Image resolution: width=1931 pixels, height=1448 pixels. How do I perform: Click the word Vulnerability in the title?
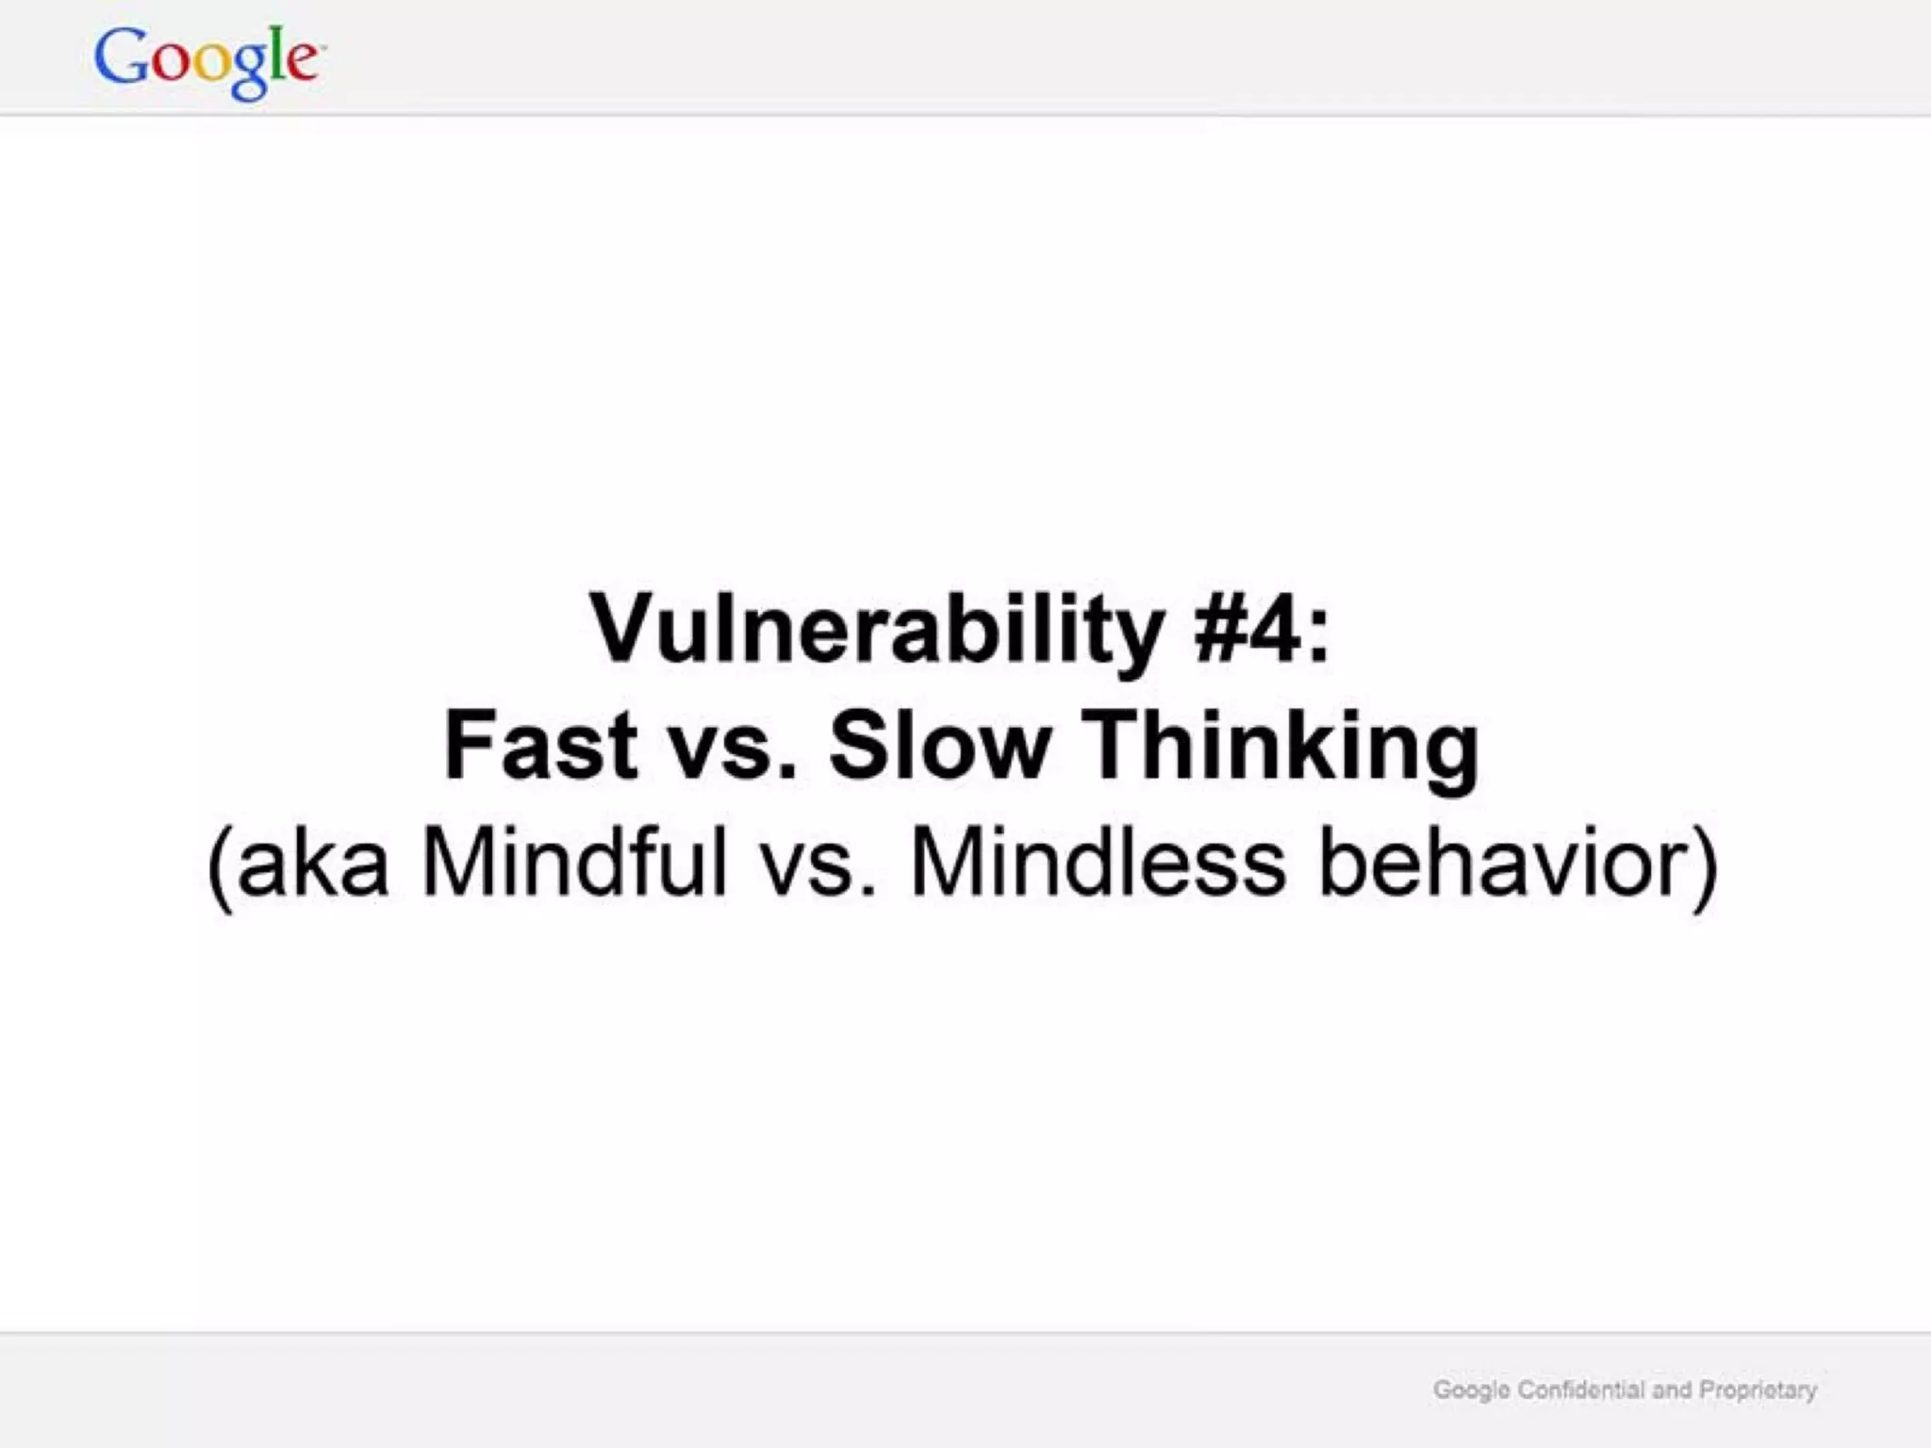[x=876, y=629]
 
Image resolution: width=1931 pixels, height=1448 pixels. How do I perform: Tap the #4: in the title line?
[x=1262, y=629]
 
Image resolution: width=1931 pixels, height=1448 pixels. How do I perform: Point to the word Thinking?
[x=1279, y=747]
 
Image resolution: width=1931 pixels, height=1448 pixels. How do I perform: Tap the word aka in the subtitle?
[x=313, y=863]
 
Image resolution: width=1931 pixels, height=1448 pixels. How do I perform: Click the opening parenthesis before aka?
[x=219, y=865]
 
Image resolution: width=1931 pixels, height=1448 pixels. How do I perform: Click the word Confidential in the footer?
[x=1580, y=1390]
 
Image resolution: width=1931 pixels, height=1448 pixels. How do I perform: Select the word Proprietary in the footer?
[x=1758, y=1390]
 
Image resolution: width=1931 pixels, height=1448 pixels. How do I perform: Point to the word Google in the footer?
[x=1471, y=1390]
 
